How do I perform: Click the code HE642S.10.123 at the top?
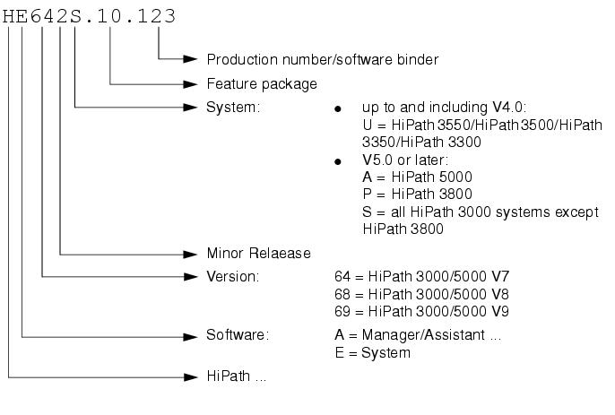[89, 16]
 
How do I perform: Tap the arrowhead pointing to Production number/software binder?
[190, 59]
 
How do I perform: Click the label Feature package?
[262, 84]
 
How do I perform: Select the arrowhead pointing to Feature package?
[190, 84]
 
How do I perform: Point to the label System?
[233, 107]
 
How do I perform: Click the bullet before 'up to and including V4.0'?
[338, 109]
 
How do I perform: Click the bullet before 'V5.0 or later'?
[338, 161]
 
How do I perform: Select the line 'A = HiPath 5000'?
[417, 177]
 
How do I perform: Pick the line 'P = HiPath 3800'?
[417, 194]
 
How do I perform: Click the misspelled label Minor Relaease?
[258, 254]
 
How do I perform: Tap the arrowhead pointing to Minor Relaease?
[190, 255]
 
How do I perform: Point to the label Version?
[233, 277]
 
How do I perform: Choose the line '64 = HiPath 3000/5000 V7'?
[421, 277]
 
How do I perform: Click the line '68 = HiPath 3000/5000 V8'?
[421, 294]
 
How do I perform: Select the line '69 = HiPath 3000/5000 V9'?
[421, 311]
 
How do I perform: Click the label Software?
[238, 334]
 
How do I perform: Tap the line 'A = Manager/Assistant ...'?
[418, 335]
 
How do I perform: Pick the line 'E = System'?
[373, 352]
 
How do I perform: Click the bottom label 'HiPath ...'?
[237, 376]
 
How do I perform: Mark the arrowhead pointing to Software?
[190, 336]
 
